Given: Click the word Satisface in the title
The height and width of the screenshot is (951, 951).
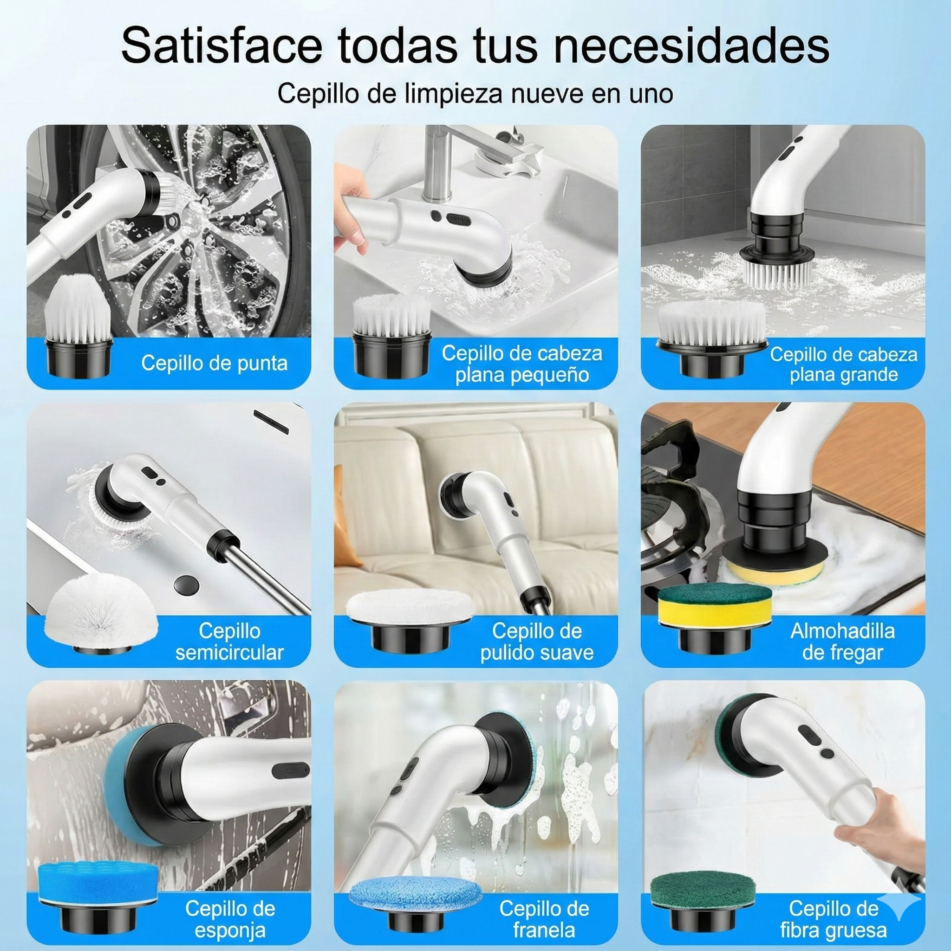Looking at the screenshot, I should click(221, 46).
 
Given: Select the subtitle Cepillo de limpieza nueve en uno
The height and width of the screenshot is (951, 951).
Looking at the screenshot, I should click(475, 93).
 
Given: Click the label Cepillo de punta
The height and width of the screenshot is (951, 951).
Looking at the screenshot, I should click(214, 363).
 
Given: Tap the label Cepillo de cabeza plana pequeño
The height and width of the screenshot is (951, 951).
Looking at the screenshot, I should click(522, 364).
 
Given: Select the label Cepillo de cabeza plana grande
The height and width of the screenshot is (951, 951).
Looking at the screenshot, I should click(843, 364).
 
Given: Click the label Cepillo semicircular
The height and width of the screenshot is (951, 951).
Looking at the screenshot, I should click(229, 641).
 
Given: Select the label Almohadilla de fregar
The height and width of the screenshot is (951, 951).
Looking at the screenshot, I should click(842, 641).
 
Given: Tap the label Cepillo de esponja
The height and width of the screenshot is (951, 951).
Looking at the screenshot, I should click(229, 919).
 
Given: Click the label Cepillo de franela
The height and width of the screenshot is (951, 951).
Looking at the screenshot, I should click(543, 919).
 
